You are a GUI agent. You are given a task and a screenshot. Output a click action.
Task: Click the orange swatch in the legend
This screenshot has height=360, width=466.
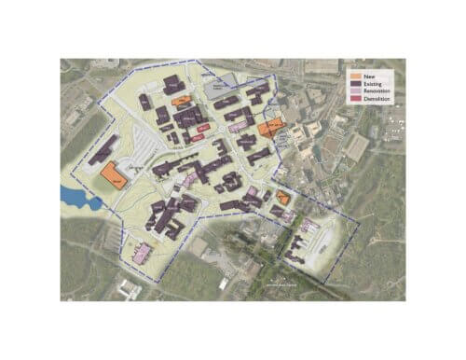[x=353, y=74]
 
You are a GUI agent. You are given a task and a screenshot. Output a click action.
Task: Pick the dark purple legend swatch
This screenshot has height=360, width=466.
[x=353, y=82]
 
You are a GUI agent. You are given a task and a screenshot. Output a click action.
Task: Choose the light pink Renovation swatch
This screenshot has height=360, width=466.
[x=353, y=90]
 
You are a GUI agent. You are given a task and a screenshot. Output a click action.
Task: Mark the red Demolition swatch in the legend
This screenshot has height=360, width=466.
[x=353, y=99]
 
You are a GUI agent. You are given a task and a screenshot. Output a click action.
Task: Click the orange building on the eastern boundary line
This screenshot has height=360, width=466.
[x=270, y=129]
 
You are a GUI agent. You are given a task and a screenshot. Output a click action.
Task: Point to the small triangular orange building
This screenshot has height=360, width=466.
[x=282, y=196]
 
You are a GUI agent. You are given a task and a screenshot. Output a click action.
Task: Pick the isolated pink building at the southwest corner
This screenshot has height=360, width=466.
[x=142, y=252]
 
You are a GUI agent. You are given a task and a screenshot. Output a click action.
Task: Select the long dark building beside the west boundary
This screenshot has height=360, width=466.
[x=103, y=149]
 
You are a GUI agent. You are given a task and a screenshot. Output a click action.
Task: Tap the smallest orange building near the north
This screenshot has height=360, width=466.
[x=181, y=101]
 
